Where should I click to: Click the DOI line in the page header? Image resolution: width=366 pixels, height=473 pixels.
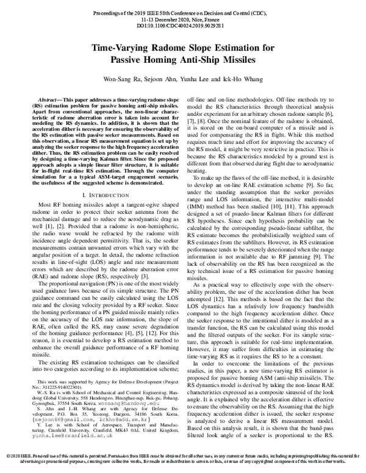183,27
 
